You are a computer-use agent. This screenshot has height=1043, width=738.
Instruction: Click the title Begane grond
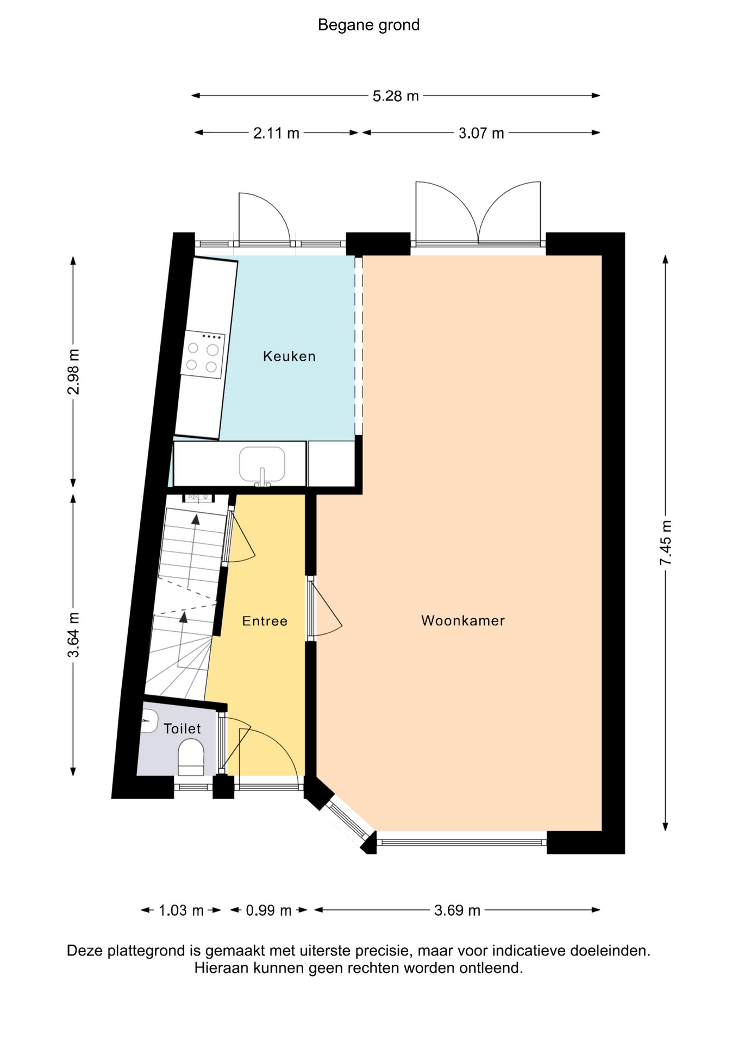tap(368, 25)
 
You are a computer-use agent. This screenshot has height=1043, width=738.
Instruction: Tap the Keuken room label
tap(289, 356)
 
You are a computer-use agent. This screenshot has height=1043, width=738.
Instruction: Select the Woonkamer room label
tap(463, 620)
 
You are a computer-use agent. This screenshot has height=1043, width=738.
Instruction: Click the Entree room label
tap(265, 621)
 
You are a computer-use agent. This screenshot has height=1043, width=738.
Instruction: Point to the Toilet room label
tap(182, 728)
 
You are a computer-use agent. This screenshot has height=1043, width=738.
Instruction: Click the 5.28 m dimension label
tap(396, 96)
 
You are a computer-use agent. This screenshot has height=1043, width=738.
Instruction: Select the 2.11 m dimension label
tap(276, 133)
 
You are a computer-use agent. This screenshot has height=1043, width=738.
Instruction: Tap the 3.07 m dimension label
tap(481, 133)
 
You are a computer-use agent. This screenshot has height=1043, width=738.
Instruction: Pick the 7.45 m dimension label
tap(666, 542)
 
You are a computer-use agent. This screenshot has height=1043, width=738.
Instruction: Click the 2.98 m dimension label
tap(73, 372)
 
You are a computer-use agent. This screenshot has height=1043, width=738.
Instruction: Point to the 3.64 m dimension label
tap(73, 634)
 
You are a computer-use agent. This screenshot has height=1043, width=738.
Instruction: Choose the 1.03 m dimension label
tap(181, 910)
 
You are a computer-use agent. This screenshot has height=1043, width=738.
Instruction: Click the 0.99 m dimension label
tap(268, 910)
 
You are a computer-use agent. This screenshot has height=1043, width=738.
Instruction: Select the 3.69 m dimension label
tap(457, 910)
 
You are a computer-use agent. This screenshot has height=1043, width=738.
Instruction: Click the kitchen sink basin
tap(262, 464)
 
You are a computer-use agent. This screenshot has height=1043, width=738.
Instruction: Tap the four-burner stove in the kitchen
tap(203, 355)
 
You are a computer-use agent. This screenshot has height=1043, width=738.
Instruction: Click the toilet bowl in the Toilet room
tap(191, 757)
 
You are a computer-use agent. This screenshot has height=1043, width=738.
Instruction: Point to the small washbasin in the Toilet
tap(149, 721)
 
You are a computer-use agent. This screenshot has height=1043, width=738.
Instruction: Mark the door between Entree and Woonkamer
tap(324, 608)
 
